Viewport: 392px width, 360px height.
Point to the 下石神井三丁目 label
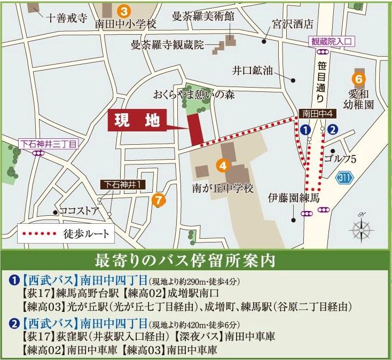pos(48,143)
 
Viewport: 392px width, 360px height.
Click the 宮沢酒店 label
pos(292,25)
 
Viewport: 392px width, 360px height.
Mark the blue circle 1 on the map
pos(305,129)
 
